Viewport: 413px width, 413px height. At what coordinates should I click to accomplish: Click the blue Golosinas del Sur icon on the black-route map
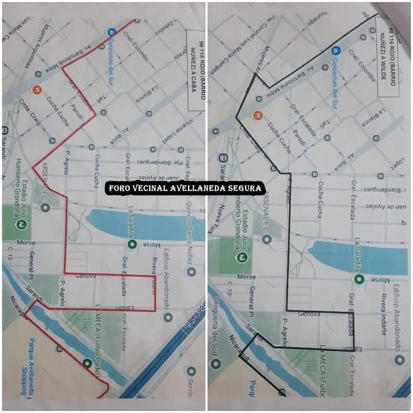(x=334, y=51)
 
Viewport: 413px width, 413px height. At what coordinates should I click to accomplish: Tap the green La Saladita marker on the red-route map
(x=132, y=245)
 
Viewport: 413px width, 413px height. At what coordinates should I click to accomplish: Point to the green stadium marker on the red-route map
(x=22, y=224)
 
